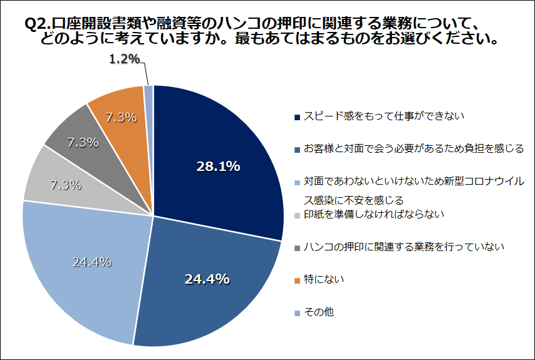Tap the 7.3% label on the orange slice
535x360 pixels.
click(x=121, y=116)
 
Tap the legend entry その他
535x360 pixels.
click(x=318, y=311)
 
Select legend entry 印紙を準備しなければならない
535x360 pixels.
click(x=373, y=213)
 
